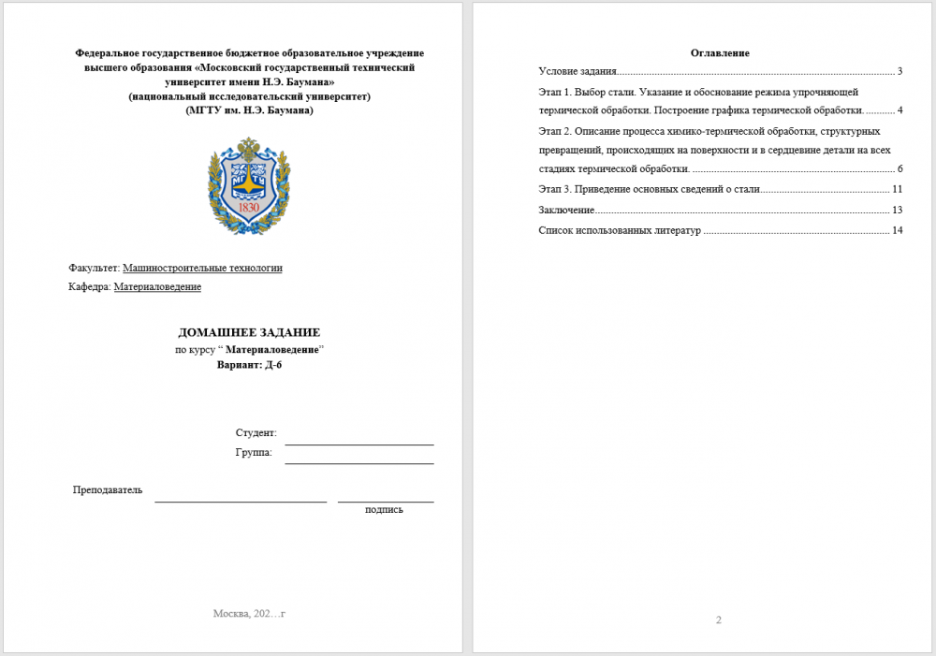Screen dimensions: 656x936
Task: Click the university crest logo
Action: (249, 185)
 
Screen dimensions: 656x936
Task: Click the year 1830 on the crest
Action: (249, 207)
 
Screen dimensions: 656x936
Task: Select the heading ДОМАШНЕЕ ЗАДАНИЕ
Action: (249, 332)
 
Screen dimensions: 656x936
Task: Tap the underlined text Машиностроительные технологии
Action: (202, 268)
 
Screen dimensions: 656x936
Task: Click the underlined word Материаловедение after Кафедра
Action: (157, 287)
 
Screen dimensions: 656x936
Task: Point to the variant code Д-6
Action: (272, 365)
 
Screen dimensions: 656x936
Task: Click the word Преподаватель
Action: (108, 490)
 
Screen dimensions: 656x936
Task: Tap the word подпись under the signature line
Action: (384, 509)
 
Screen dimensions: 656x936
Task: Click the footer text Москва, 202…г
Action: (249, 614)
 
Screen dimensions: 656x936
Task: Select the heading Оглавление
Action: (720, 52)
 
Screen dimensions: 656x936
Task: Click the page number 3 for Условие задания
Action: (899, 71)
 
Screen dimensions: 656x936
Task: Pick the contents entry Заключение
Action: (566, 210)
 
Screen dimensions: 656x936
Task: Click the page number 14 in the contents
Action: (898, 230)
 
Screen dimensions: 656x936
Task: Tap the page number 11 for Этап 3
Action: (898, 189)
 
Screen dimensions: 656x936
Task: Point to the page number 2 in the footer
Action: (719, 620)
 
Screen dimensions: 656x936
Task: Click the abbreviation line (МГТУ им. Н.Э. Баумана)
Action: (250, 109)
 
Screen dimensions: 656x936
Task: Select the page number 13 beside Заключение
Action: (898, 210)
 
